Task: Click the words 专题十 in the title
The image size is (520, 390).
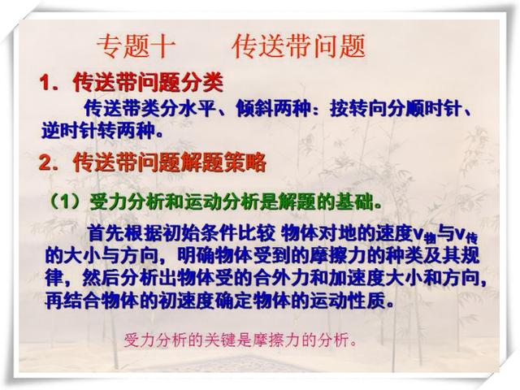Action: (x=135, y=46)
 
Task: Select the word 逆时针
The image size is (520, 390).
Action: (x=69, y=131)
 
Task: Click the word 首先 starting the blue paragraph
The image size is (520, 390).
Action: (x=106, y=233)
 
